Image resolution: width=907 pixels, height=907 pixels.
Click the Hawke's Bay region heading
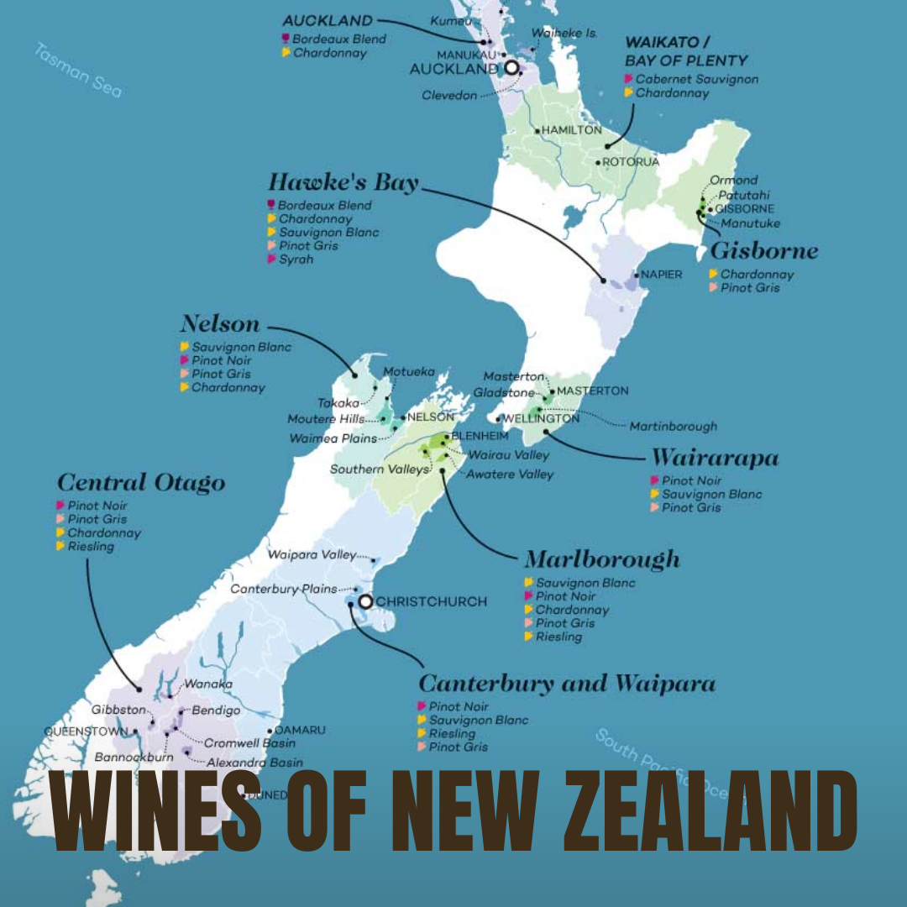343,182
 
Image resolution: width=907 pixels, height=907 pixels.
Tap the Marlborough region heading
601,560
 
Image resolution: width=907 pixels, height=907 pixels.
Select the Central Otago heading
141,483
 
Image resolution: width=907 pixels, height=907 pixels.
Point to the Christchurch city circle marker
365,601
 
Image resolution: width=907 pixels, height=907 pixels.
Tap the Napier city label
662,275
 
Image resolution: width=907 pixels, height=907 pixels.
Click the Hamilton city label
571,130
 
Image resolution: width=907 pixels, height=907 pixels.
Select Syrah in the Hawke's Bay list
296,260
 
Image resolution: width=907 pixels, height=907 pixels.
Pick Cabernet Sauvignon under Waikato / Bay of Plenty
696,79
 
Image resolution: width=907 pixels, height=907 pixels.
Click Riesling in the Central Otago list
91,547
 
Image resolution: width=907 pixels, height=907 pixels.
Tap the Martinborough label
674,427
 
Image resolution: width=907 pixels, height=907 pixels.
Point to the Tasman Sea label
78,70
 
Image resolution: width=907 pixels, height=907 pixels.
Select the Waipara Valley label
312,555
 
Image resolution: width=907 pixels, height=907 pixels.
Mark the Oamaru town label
300,731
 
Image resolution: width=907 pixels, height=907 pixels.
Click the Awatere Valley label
511,474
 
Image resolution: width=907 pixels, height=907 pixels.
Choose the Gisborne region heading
763,251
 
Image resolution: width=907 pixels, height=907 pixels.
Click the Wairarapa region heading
715,458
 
